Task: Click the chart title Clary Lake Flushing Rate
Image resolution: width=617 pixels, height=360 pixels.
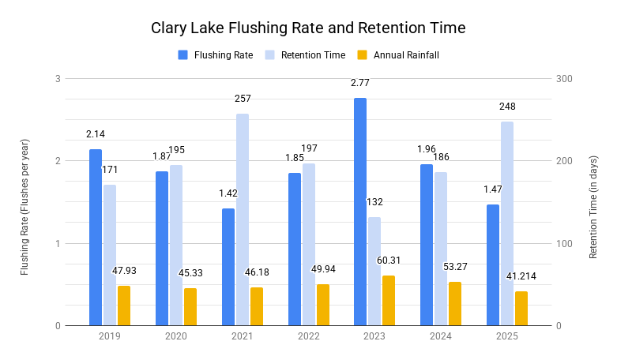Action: coord(308,28)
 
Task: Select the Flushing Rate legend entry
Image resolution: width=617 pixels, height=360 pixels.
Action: coord(220,55)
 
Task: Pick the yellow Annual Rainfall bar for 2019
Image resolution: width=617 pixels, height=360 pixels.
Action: coord(124,306)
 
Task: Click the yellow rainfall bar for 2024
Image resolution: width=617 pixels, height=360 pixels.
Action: coord(455,303)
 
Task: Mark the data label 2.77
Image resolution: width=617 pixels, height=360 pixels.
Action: coord(360,83)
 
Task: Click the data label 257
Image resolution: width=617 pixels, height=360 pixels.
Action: coord(243,99)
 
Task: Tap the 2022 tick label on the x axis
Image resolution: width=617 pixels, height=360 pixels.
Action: coord(308,336)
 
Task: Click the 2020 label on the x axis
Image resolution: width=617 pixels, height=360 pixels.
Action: coord(175,336)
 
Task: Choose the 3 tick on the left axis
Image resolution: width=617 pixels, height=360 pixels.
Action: coord(58,79)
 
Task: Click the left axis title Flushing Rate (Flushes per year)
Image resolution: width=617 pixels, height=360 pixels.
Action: coord(24,207)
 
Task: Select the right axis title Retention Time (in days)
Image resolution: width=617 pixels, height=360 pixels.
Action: coord(593,207)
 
